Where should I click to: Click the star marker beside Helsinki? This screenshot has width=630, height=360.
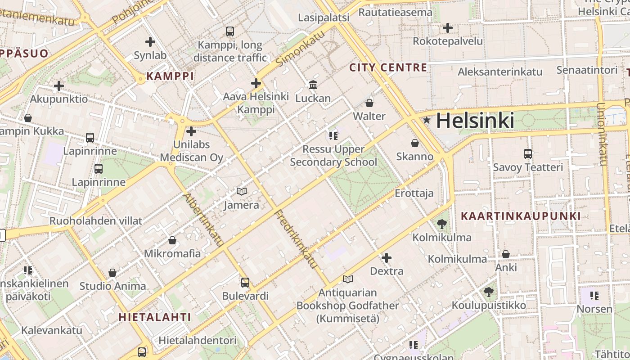[427, 120]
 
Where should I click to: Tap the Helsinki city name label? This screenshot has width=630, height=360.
[475, 121]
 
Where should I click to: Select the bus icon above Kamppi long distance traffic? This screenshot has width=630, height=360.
[230, 31]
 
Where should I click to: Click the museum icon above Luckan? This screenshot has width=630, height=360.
[313, 85]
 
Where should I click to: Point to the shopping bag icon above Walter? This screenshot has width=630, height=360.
[369, 103]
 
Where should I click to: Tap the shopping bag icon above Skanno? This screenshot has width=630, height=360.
[415, 143]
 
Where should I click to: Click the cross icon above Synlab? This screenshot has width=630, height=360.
[150, 42]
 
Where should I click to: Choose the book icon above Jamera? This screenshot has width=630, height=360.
[242, 192]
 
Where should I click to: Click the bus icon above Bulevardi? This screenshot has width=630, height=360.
[245, 283]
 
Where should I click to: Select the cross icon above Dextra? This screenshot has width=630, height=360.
[387, 258]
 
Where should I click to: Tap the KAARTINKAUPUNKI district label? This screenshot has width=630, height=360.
[521, 216]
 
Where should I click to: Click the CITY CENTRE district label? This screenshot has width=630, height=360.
[388, 68]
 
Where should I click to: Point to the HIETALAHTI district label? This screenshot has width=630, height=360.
[155, 317]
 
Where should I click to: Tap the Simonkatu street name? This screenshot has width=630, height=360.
[300, 49]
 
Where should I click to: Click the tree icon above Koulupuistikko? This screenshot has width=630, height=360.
[489, 292]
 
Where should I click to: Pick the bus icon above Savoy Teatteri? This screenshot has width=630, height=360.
[528, 154]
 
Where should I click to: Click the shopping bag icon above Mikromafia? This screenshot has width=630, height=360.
[172, 240]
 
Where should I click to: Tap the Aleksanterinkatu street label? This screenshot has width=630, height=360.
[500, 72]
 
